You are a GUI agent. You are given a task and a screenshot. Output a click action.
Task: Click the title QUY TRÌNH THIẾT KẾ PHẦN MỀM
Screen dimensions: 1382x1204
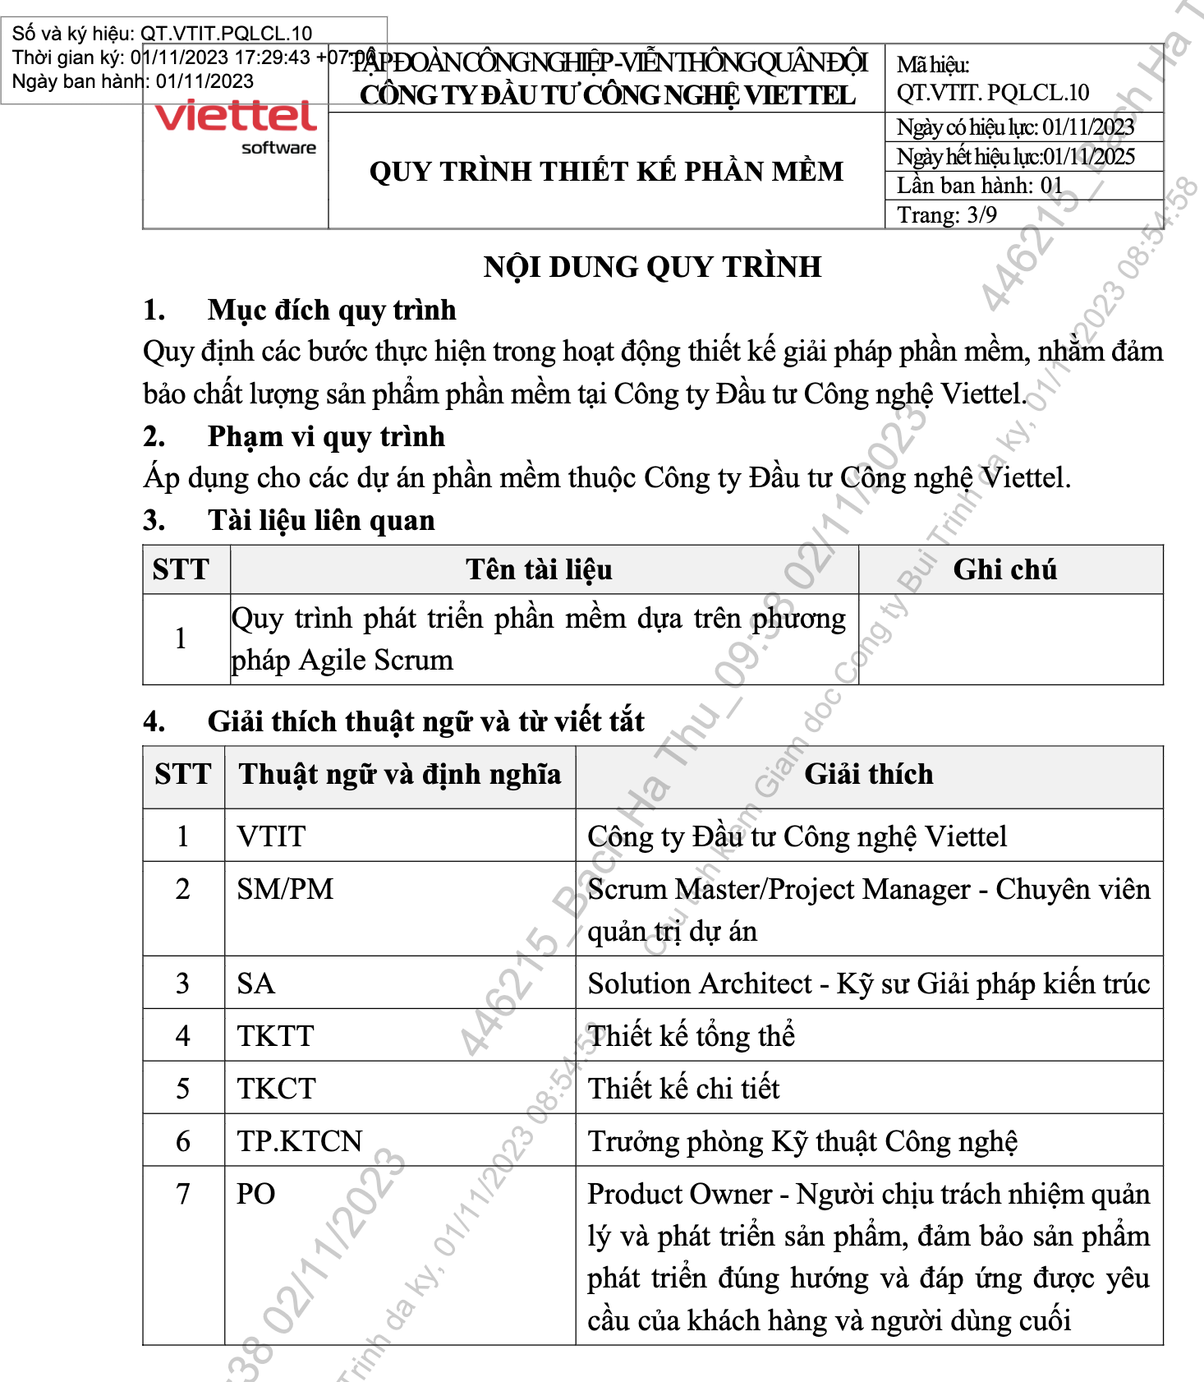(606, 171)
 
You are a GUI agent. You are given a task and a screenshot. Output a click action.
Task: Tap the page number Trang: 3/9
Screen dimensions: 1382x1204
(946, 215)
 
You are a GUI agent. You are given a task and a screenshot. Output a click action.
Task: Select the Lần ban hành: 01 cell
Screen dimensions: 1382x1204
(979, 186)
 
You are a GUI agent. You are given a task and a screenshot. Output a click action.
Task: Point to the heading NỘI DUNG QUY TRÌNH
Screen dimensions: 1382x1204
(652, 267)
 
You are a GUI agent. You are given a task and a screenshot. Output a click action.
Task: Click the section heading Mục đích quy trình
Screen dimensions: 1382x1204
(331, 310)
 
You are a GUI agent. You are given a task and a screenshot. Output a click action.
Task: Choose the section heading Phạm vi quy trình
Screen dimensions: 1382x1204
(325, 436)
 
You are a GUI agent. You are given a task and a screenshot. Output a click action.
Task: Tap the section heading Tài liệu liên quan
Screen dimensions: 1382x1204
(320, 521)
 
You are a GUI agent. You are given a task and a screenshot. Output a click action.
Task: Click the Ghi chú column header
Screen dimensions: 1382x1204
(1004, 569)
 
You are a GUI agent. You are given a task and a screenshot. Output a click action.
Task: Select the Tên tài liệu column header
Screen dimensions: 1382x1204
(539, 569)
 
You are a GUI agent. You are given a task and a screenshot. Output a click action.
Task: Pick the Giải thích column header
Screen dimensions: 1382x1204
(868, 774)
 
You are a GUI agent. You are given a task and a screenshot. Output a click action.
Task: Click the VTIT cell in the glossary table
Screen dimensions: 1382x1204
(271, 836)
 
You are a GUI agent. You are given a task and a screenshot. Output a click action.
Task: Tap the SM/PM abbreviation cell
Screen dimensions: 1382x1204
(285, 889)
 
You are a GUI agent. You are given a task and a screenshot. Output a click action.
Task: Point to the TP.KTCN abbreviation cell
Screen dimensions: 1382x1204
(300, 1141)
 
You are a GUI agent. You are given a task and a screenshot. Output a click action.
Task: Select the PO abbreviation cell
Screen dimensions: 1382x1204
(255, 1194)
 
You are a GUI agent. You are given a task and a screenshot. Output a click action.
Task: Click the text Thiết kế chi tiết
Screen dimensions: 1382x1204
(683, 1089)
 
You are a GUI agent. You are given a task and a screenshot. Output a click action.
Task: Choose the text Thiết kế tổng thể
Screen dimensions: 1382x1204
(691, 1036)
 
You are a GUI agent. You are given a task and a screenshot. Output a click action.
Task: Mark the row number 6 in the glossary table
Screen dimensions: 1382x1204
(183, 1141)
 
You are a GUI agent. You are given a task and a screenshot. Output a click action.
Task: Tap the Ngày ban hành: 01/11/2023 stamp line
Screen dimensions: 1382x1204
(133, 81)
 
